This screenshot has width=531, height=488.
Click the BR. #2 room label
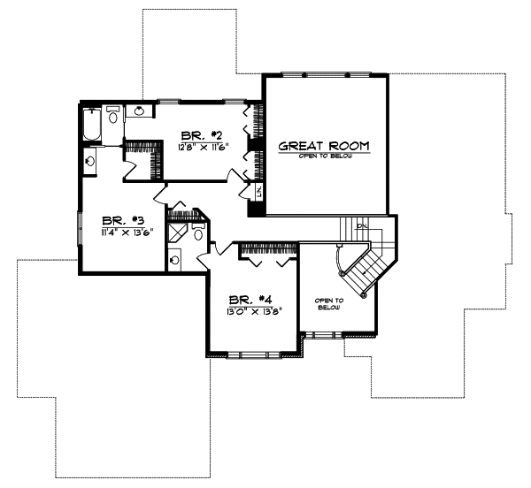[x=199, y=135]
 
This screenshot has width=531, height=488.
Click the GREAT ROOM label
[x=324, y=145]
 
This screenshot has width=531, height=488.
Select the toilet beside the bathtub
[x=113, y=116]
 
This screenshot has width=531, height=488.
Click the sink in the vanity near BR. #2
[x=141, y=111]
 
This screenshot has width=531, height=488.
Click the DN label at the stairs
[x=362, y=226]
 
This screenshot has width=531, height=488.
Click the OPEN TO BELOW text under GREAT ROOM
[x=324, y=157]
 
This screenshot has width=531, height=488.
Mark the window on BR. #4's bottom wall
[x=251, y=355]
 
